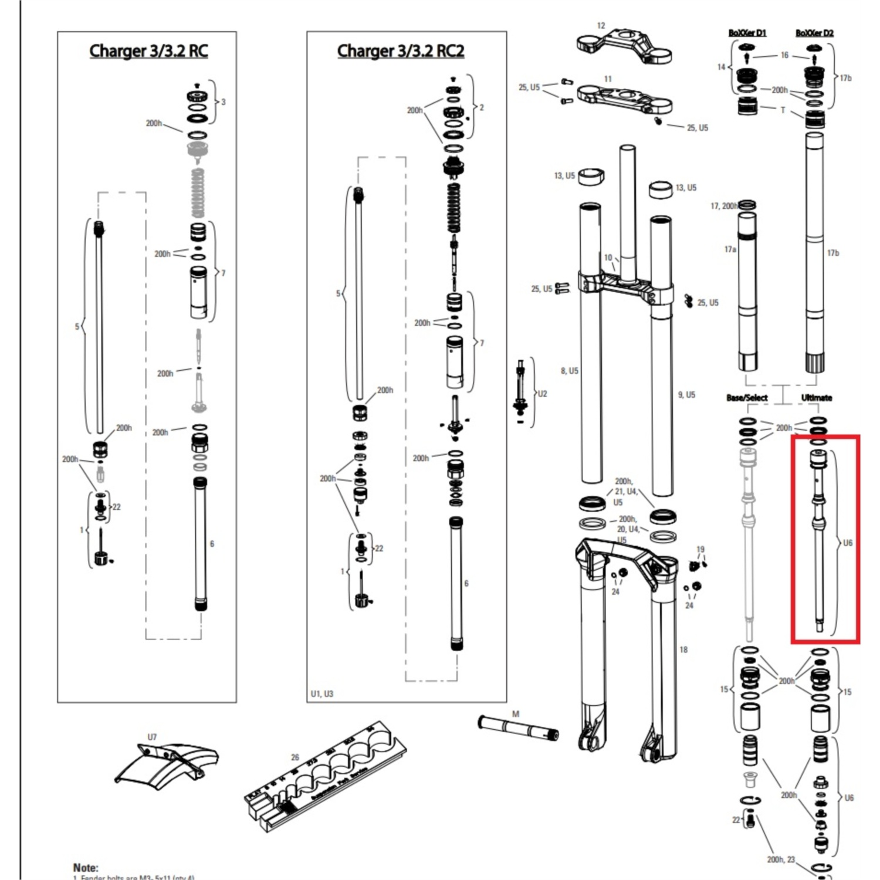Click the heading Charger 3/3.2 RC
click(x=148, y=51)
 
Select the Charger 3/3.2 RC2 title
click(x=401, y=51)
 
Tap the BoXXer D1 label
click(x=747, y=33)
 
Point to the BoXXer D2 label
click(x=814, y=33)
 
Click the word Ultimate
click(x=817, y=398)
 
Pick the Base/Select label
click(x=747, y=398)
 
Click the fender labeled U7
click(x=166, y=766)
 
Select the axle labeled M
click(x=518, y=728)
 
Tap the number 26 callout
click(x=295, y=757)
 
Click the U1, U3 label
click(x=321, y=694)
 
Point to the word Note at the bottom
click(x=86, y=867)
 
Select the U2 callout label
click(x=542, y=394)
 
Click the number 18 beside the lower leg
click(x=683, y=649)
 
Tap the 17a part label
click(x=730, y=249)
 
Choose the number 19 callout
click(x=700, y=550)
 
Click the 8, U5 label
click(x=569, y=371)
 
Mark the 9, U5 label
click(x=686, y=395)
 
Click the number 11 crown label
click(x=608, y=79)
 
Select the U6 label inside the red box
click(x=848, y=543)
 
